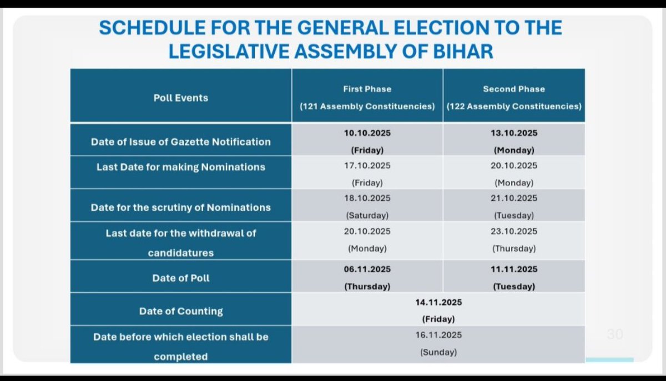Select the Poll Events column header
click(x=181, y=98)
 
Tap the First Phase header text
click(x=367, y=89)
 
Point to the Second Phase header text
click(x=514, y=89)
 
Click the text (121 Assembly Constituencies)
click(x=367, y=106)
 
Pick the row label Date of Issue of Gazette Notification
click(x=181, y=142)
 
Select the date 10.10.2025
click(x=367, y=133)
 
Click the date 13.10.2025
click(x=514, y=133)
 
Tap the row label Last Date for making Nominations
click(x=181, y=167)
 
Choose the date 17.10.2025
click(x=367, y=165)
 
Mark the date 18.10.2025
click(x=367, y=198)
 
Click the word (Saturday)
click(x=367, y=215)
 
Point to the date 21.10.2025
click(x=514, y=198)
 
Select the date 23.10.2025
click(x=514, y=231)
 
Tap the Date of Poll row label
click(x=181, y=278)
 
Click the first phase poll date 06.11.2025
click(x=367, y=270)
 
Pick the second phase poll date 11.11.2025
click(x=514, y=270)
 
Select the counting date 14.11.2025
click(x=438, y=302)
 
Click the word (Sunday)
click(x=438, y=352)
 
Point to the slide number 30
click(x=614, y=334)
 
